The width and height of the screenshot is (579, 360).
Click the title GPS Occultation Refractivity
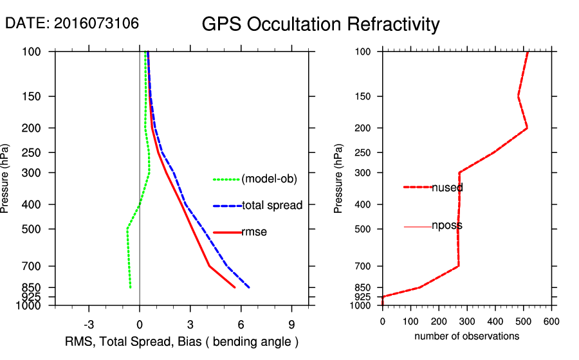pyautogui.click(x=320, y=24)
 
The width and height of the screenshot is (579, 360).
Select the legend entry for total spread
pyautogui.click(x=272, y=206)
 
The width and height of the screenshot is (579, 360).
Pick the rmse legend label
pyautogui.click(x=254, y=232)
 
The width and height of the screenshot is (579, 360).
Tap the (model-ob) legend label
pyautogui.click(x=269, y=179)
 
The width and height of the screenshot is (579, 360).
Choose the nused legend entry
pyautogui.click(x=447, y=188)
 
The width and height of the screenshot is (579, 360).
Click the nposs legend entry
pyautogui.click(x=447, y=226)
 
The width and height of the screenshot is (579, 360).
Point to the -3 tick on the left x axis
pyautogui.click(x=89, y=323)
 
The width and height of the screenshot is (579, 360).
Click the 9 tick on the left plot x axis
pyautogui.click(x=291, y=323)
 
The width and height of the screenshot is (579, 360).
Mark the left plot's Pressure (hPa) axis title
pyautogui.click(x=6, y=179)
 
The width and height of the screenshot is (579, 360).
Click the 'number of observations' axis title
pyautogui.click(x=466, y=336)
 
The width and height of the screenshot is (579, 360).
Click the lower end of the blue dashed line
pyautogui.click(x=249, y=287)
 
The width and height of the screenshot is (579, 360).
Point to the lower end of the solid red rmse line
pyautogui.click(x=235, y=287)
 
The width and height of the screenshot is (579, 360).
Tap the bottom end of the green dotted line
pyautogui.click(x=130, y=287)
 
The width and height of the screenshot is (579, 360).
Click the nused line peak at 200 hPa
pyautogui.click(x=527, y=128)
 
